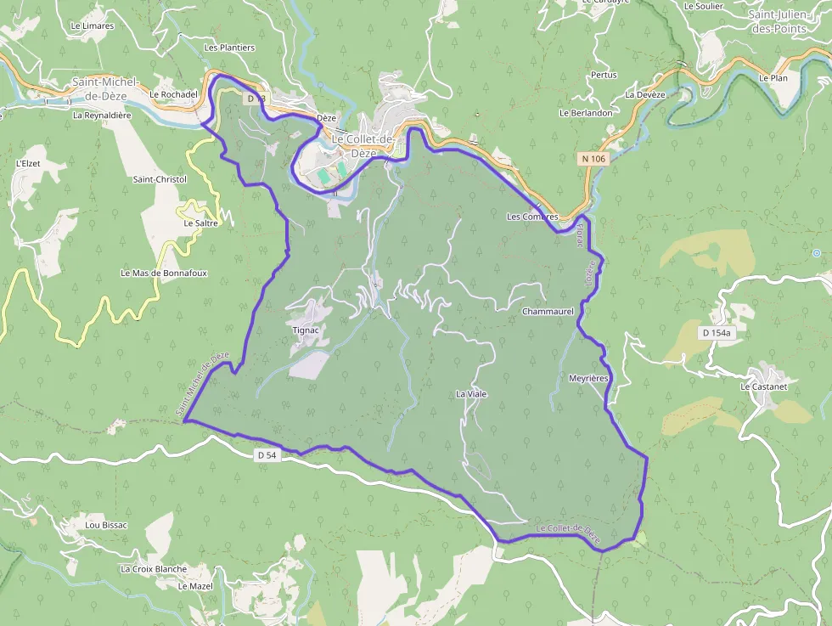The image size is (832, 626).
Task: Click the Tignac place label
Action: [x=304, y=329]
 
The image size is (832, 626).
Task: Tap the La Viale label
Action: [x=471, y=394]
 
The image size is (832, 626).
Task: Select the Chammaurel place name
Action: [x=548, y=312]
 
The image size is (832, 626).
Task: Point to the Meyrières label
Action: [x=589, y=378]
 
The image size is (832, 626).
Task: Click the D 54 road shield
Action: [x=267, y=455]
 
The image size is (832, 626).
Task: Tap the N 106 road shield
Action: [x=593, y=159]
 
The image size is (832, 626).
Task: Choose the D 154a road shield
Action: [x=717, y=333]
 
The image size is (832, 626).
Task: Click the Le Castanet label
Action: [x=764, y=386]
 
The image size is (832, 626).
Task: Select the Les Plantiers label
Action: [x=229, y=48]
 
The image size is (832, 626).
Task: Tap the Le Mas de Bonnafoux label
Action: [x=164, y=274]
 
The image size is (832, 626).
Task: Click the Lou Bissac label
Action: [x=106, y=525]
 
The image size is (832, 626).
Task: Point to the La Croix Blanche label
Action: [x=154, y=569]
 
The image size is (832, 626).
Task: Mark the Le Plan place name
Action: [x=773, y=78]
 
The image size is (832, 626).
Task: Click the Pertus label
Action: [x=604, y=75]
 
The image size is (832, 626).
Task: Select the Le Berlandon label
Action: [x=586, y=113]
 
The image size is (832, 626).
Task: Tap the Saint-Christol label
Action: [x=160, y=180]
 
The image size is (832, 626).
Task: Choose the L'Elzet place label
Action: [x=29, y=162]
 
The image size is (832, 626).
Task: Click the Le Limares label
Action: [x=93, y=26]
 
